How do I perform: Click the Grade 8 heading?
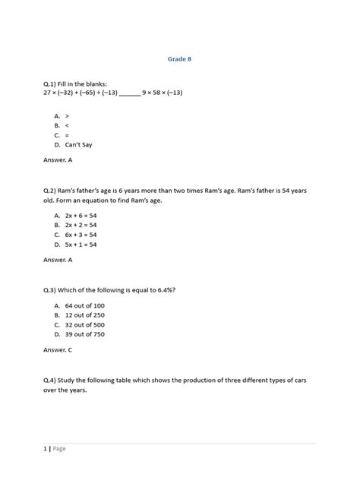[179, 58]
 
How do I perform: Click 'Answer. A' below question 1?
[58, 160]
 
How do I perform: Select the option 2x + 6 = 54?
[81, 216]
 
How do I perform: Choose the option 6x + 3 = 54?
[81, 235]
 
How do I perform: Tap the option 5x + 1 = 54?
[81, 245]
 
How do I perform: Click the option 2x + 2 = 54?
[81, 226]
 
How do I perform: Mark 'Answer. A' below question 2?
[58, 260]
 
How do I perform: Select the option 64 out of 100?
[84, 305]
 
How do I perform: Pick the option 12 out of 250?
[84, 315]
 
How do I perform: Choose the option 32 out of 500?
[84, 325]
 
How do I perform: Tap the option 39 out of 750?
[84, 335]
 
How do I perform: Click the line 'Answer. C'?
[58, 350]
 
